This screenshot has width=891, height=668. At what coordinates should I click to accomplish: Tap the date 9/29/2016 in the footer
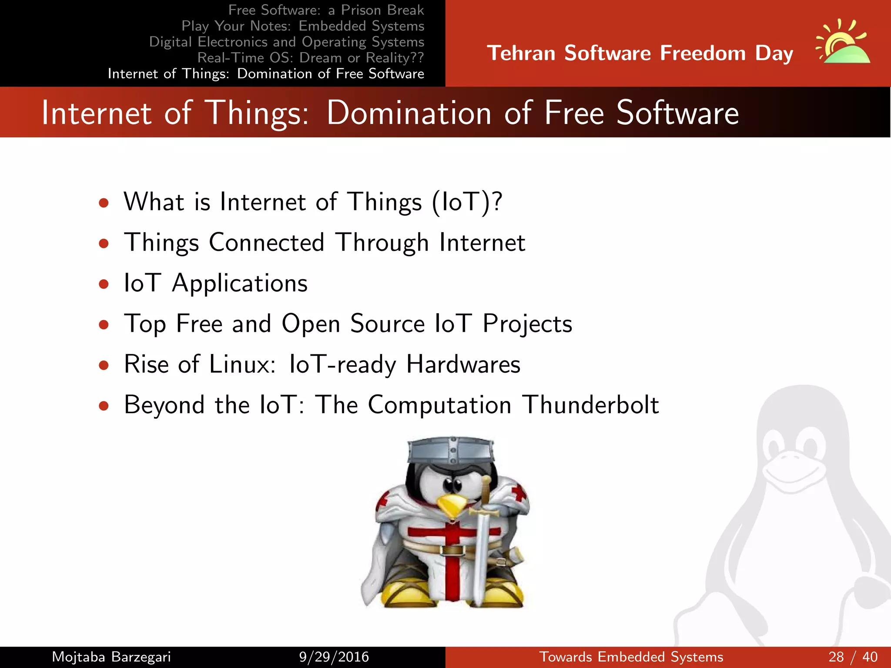pyautogui.click(x=334, y=657)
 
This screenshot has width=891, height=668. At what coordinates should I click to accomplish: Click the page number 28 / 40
pyautogui.click(x=853, y=657)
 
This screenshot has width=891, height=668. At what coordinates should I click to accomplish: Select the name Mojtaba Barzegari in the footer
pyautogui.click(x=111, y=657)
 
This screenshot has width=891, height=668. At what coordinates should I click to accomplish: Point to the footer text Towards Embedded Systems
pyautogui.click(x=631, y=657)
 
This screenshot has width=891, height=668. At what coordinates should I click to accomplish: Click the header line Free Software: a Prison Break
pyautogui.click(x=326, y=10)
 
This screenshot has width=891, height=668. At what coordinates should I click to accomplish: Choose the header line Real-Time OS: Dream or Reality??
pyautogui.click(x=310, y=57)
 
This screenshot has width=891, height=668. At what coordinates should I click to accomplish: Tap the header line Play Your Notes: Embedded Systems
pyautogui.click(x=302, y=26)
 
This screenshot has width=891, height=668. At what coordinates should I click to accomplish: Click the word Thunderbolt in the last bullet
pyautogui.click(x=590, y=404)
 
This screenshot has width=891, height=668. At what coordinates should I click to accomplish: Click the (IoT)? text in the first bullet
pyautogui.click(x=467, y=202)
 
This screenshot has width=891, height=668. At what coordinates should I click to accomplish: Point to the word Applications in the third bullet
pyautogui.click(x=240, y=283)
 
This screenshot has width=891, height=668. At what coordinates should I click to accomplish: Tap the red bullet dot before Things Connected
pyautogui.click(x=104, y=243)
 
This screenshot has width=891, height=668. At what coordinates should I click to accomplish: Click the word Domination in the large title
pyautogui.click(x=409, y=113)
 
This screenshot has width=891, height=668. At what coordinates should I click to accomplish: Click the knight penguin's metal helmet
pyautogui.click(x=451, y=450)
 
